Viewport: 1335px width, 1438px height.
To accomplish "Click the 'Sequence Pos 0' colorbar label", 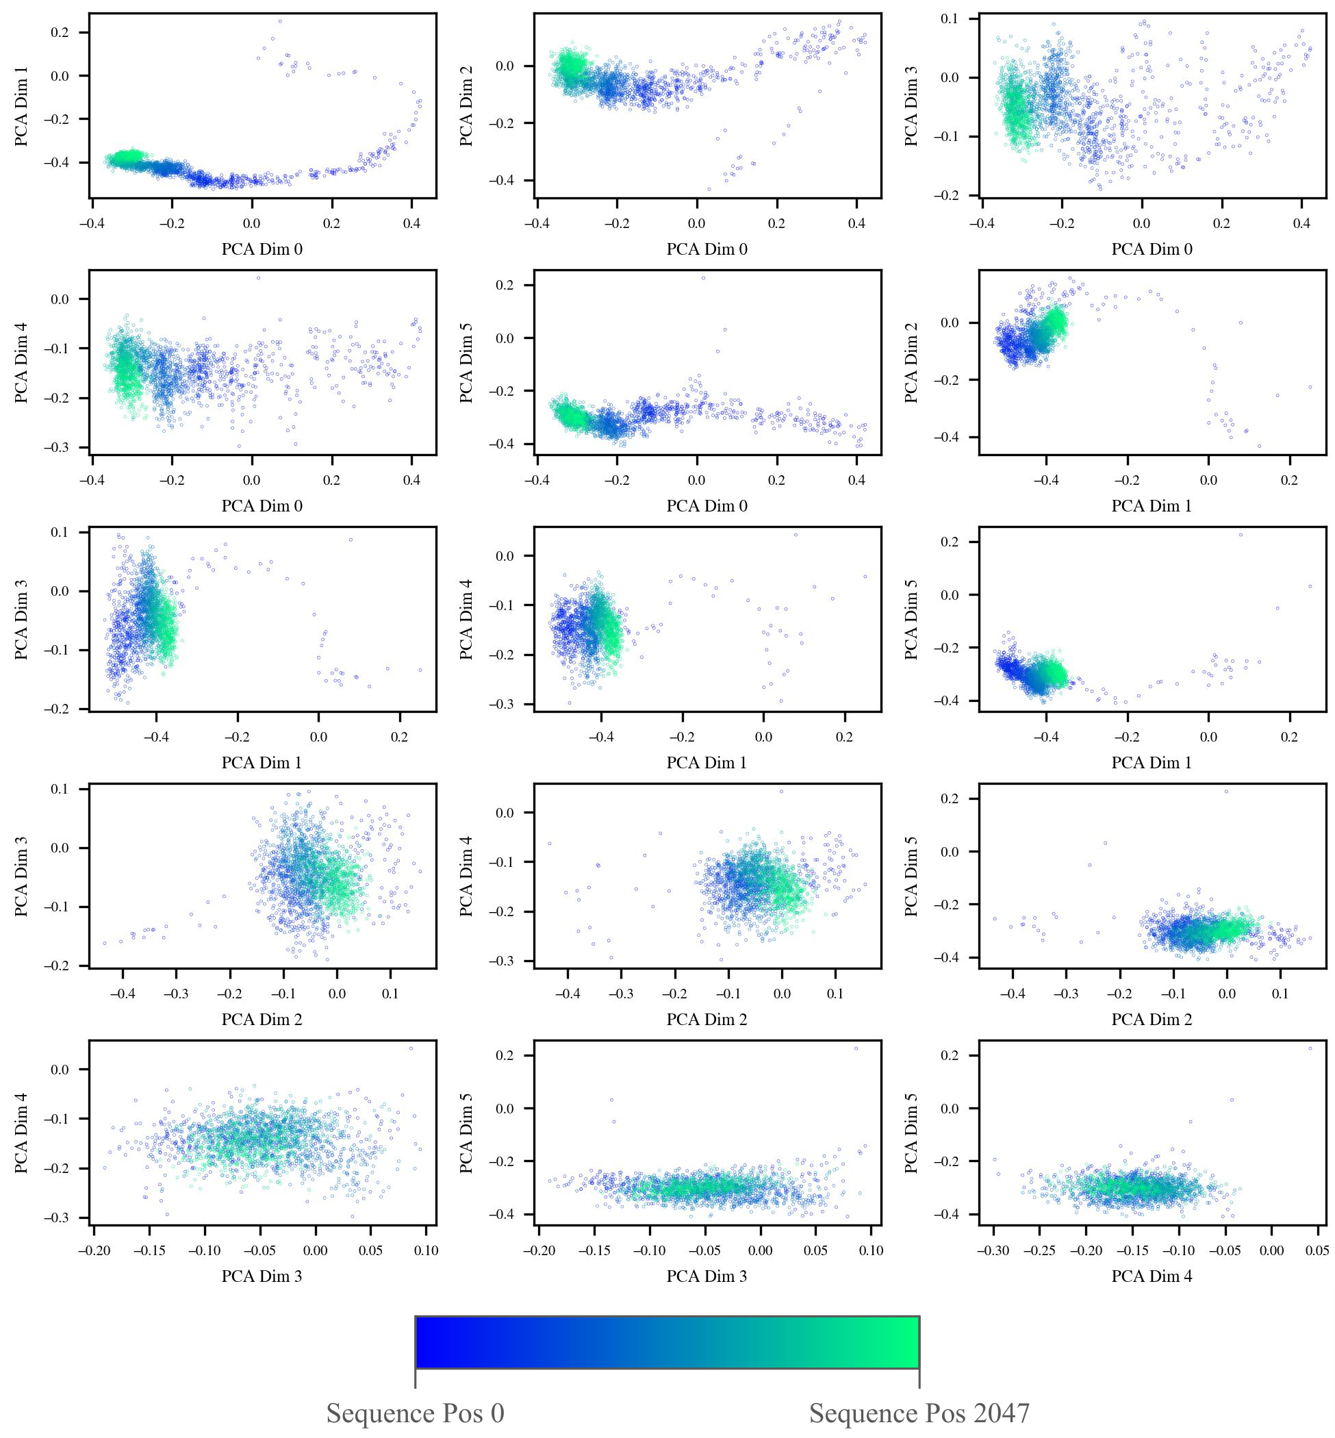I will [415, 1413].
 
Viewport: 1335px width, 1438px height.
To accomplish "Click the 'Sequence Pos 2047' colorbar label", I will [919, 1413].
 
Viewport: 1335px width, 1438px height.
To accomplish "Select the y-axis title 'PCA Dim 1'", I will [22, 106].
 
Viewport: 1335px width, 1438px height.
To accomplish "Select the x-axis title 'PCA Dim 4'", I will [1152, 1276].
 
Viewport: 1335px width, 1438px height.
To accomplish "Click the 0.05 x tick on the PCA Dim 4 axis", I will [1317, 1250].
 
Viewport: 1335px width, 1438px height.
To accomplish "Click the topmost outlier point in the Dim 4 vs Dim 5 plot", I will [1310, 1048].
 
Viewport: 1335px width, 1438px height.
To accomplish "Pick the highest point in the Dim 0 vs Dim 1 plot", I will [280, 21].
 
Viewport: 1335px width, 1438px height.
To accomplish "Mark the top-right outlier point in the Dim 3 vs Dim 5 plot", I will [856, 1048].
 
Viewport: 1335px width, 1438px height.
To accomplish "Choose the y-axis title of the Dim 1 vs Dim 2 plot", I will [912, 363].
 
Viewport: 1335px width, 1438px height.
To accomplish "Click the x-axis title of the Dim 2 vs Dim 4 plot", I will [707, 1020].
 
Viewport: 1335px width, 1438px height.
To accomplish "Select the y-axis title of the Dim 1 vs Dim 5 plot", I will [912, 619].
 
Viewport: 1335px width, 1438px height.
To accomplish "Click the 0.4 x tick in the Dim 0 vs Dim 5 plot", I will [856, 480].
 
